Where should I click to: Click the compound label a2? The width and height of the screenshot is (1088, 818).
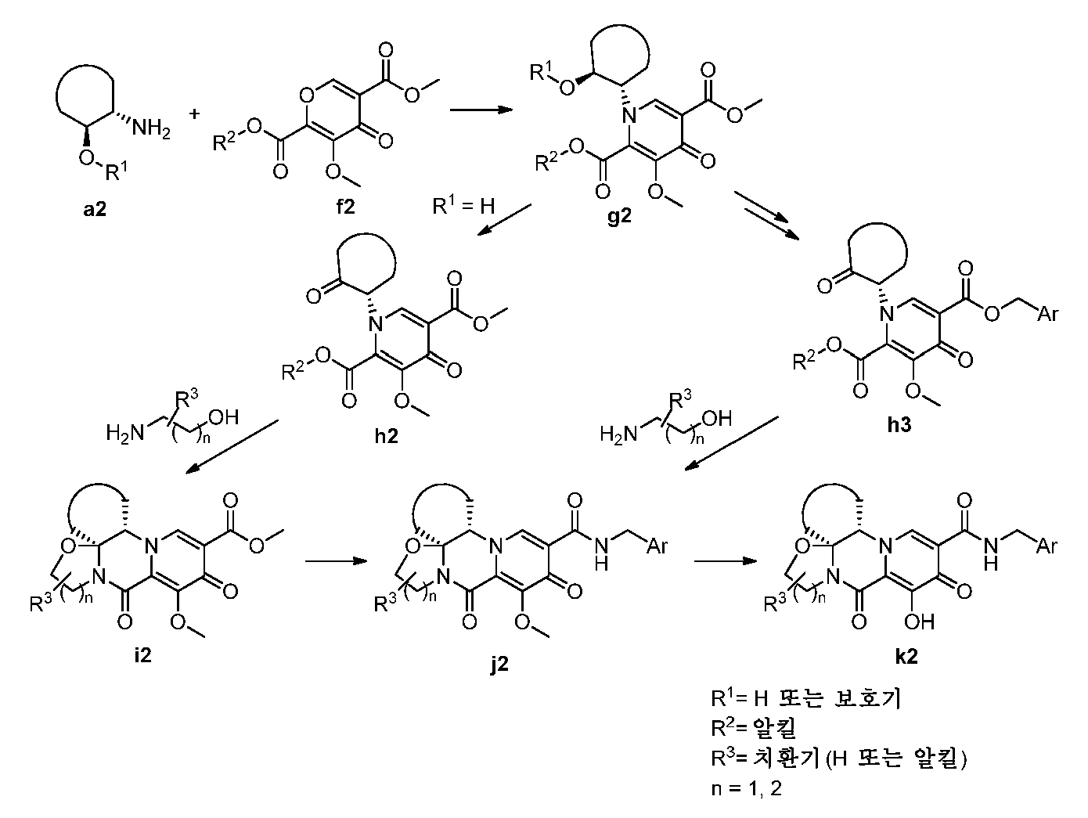point(95,209)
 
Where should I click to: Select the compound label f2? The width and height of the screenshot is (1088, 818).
point(345,206)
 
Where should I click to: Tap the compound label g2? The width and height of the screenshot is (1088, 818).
point(620,217)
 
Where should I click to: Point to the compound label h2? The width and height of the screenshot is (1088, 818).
point(386,436)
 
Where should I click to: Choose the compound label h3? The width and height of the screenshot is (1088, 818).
point(899,425)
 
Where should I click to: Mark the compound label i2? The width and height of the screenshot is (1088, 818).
point(142,655)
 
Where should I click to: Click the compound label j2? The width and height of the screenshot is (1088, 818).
point(499,664)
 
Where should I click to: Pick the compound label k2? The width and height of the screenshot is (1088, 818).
point(906,656)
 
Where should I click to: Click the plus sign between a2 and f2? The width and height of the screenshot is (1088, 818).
point(194,114)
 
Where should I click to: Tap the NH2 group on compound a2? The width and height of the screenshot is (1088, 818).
point(151,129)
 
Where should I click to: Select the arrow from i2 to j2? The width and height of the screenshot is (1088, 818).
point(337,560)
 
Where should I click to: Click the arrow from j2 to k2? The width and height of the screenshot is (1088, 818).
point(726,560)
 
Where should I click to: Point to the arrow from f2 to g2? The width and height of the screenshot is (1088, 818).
point(481,109)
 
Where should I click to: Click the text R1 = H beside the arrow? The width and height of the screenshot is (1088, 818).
point(463,205)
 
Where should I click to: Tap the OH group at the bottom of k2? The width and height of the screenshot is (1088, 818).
point(920,622)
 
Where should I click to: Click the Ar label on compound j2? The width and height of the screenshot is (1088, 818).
point(657,546)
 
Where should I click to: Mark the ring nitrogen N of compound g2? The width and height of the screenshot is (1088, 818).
point(629,117)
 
